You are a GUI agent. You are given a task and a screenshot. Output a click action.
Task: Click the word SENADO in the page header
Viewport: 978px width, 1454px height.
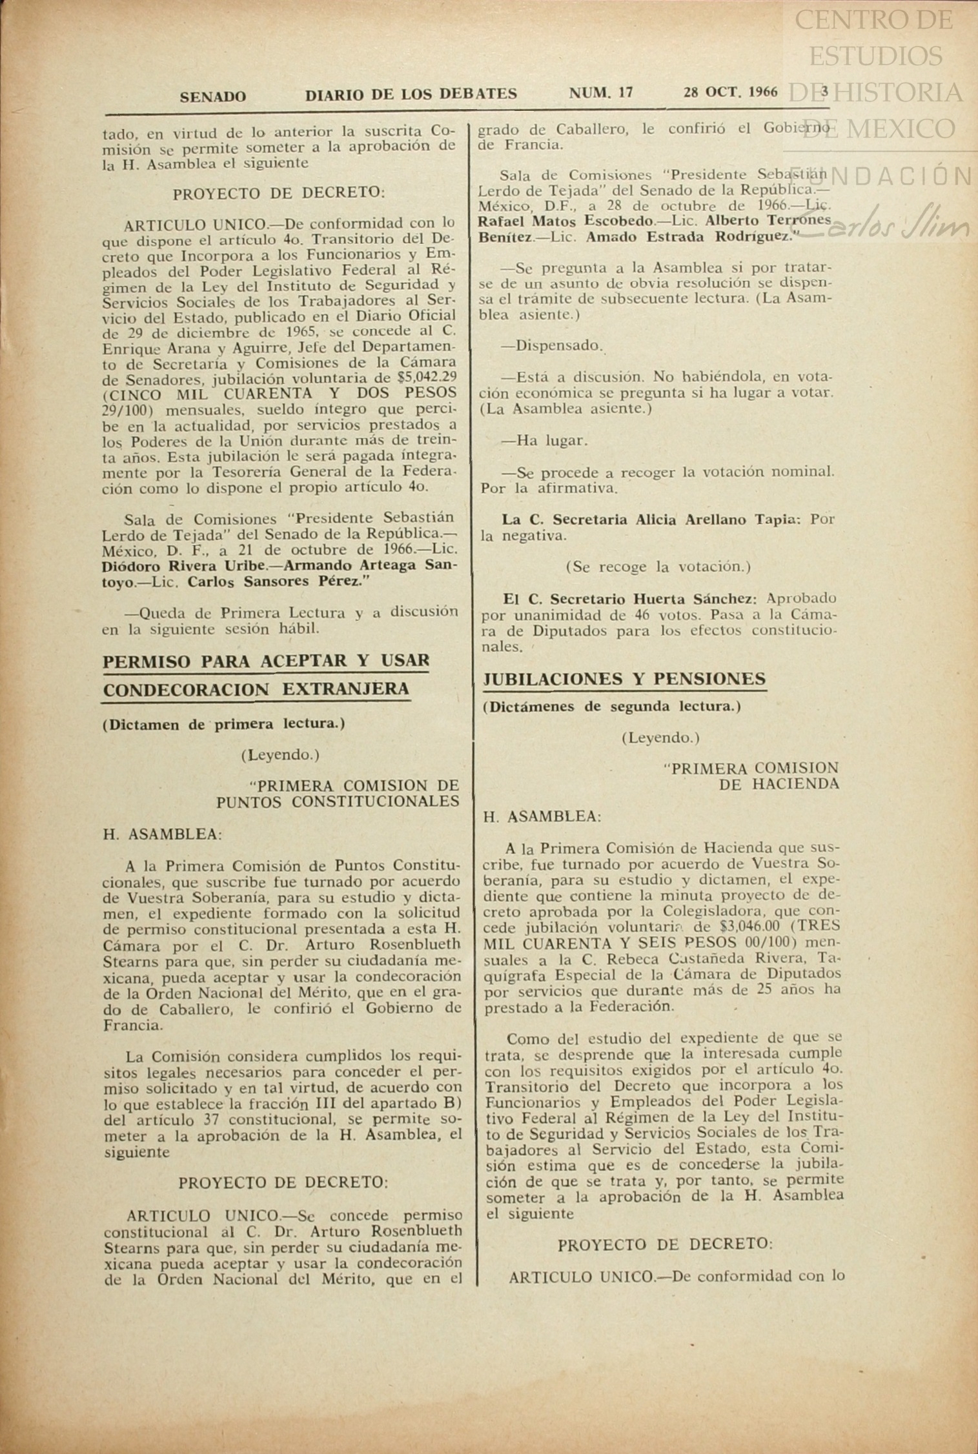click(x=212, y=97)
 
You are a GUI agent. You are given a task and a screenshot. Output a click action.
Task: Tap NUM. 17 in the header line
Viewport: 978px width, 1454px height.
click(x=600, y=93)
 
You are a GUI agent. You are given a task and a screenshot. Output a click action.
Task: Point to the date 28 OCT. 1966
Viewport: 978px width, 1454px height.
click(x=730, y=92)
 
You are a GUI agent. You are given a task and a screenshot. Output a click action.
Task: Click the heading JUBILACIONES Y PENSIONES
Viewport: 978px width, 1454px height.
click(x=624, y=679)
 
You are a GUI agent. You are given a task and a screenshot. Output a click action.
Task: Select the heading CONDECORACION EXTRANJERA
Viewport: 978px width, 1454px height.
click(x=256, y=690)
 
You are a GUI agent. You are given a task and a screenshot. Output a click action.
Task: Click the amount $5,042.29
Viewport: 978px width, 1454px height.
click(x=427, y=378)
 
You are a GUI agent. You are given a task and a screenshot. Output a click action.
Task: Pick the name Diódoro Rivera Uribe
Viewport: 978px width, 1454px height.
click(x=183, y=566)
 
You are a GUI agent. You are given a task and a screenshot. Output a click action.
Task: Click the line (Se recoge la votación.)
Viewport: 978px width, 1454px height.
click(x=658, y=567)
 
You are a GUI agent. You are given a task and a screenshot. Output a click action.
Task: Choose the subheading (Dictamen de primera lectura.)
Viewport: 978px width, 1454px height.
click(x=223, y=724)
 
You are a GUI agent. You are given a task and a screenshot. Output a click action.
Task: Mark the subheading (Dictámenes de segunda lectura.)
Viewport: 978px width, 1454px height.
click(x=611, y=707)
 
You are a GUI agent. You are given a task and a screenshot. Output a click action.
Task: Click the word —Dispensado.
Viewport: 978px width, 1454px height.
click(x=551, y=346)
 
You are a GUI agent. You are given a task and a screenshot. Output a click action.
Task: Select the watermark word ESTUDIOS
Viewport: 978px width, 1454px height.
click(x=875, y=57)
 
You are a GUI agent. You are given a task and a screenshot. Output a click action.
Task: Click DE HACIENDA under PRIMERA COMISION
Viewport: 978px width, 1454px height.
click(x=779, y=785)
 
